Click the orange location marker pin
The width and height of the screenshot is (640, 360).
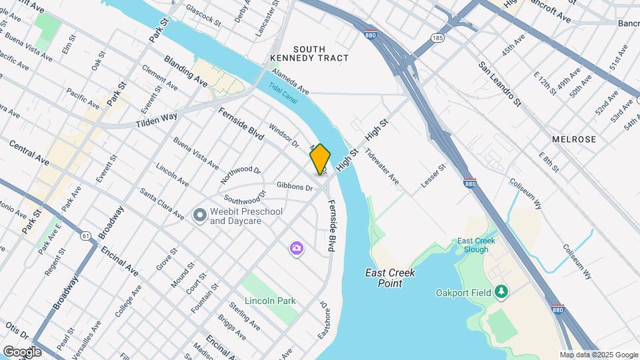pyautogui.click(x=320, y=159)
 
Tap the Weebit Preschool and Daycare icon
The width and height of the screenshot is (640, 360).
pyautogui.click(x=199, y=215)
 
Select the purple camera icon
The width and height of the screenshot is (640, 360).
pyautogui.click(x=297, y=249)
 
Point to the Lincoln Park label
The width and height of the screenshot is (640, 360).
pyautogui.click(x=269, y=301)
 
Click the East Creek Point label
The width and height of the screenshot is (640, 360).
pyautogui.click(x=390, y=278)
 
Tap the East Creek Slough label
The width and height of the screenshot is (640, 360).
pyautogui.click(x=473, y=245)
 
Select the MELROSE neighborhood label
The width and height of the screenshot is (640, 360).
pyautogui.click(x=573, y=139)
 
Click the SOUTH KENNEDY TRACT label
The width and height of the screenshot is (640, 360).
pyautogui.click(x=309, y=53)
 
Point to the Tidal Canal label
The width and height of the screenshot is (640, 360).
pyautogui.click(x=284, y=92)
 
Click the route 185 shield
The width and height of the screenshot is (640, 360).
pyautogui.click(x=437, y=38)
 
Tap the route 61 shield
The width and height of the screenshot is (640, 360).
pyautogui.click(x=86, y=235)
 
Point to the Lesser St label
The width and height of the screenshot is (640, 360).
pyautogui.click(x=433, y=175)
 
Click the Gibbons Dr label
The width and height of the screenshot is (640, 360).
pyautogui.click(x=295, y=187)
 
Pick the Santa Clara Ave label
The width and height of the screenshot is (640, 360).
pyautogui.click(x=161, y=204)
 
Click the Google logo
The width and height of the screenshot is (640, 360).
pyautogui.click(x=22, y=351)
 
